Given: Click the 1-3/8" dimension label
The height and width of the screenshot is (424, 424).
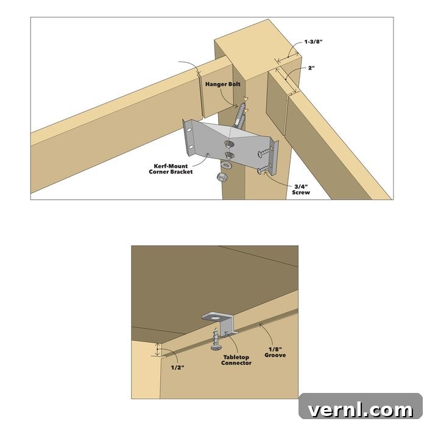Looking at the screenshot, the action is pos(314,42).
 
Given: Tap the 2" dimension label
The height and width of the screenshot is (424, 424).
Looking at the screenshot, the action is pos(311,68).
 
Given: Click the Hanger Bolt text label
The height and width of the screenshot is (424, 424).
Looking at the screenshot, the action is pos(223,84).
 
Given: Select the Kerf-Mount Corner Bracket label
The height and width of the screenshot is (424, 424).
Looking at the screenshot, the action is pos(171,169).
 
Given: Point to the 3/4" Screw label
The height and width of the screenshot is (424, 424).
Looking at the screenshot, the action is pos(301,189).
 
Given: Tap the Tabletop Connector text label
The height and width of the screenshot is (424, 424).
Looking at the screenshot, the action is pos(236,360).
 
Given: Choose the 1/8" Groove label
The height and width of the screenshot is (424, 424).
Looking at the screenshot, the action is pos(275,352).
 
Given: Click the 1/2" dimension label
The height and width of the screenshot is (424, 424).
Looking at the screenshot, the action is pos(178,367).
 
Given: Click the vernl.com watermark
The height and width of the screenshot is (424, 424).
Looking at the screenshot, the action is pos(361,409).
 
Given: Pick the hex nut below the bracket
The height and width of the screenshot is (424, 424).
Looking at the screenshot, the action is pos(222,177).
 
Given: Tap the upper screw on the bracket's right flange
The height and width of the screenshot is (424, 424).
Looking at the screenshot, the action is pos(265,152).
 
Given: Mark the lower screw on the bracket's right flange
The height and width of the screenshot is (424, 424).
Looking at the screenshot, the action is pos(264,169).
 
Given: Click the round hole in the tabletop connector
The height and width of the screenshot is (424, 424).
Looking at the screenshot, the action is pos(216,317).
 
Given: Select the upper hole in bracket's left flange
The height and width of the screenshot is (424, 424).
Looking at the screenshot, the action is pos(189,130).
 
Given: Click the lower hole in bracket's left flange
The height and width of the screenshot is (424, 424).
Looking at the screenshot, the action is pos(191,147).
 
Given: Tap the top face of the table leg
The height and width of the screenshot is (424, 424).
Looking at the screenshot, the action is pos(258,50).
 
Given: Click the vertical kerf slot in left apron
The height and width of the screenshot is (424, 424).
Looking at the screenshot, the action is pos(201,97).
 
